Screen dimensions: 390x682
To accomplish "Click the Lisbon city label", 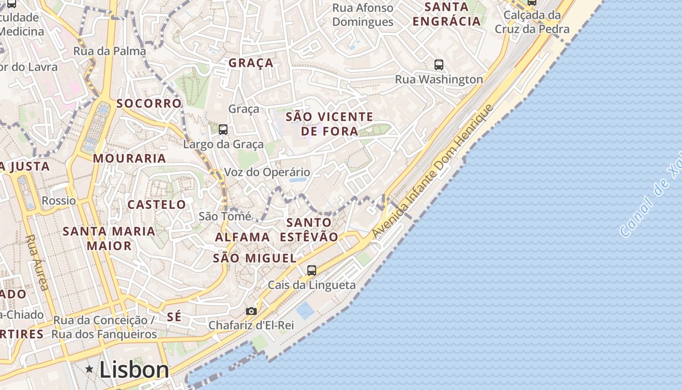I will click(134, 370).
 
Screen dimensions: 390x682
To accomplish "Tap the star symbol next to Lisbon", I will click(89, 369).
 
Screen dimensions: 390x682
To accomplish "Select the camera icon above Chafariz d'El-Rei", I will click(251, 311).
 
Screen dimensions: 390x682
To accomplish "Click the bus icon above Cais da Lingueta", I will click(312, 270).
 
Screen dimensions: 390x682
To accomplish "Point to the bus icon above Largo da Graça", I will click(223, 130).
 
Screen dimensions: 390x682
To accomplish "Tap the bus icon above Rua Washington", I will click(438, 64).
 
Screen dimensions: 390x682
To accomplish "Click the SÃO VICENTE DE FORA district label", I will click(329, 124).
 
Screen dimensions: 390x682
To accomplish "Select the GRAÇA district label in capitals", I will click(251, 63).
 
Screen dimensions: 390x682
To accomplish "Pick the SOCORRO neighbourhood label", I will click(149, 103).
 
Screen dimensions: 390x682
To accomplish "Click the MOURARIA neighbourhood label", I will click(130, 158).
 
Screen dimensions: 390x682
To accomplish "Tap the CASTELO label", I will click(156, 204).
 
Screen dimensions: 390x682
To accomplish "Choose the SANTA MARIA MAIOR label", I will click(109, 238).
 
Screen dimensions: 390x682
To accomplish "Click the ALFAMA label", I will click(243, 237).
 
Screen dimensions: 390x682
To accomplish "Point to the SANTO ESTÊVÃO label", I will click(309, 230).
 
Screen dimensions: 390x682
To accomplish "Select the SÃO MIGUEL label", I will click(254, 258).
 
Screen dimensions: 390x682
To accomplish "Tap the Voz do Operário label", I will click(266, 172).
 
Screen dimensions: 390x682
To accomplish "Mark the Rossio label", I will click(58, 200).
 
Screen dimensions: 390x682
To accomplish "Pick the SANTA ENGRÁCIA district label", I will click(446, 14).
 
